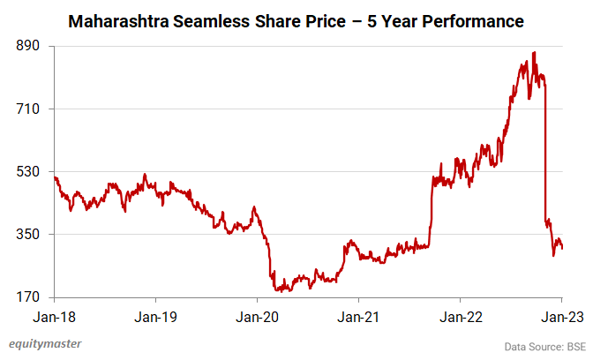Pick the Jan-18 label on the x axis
pos(54,314)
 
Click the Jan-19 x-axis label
pos(155,314)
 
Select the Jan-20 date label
pos(257,314)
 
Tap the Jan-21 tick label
pos(358,314)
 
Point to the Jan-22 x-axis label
pos(460,314)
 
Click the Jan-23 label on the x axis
pos(561,314)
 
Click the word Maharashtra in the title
pos(121,19)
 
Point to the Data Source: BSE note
pos(544,346)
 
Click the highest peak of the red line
pos(534,53)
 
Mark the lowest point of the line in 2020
pos(278,290)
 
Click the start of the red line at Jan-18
pos(55,177)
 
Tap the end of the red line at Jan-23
pos(562,248)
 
